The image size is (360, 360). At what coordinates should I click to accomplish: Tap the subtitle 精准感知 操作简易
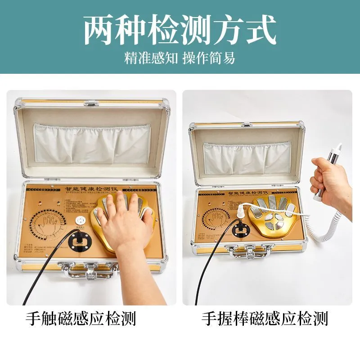point(180,58)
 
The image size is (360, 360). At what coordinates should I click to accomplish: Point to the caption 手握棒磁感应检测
point(265,319)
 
